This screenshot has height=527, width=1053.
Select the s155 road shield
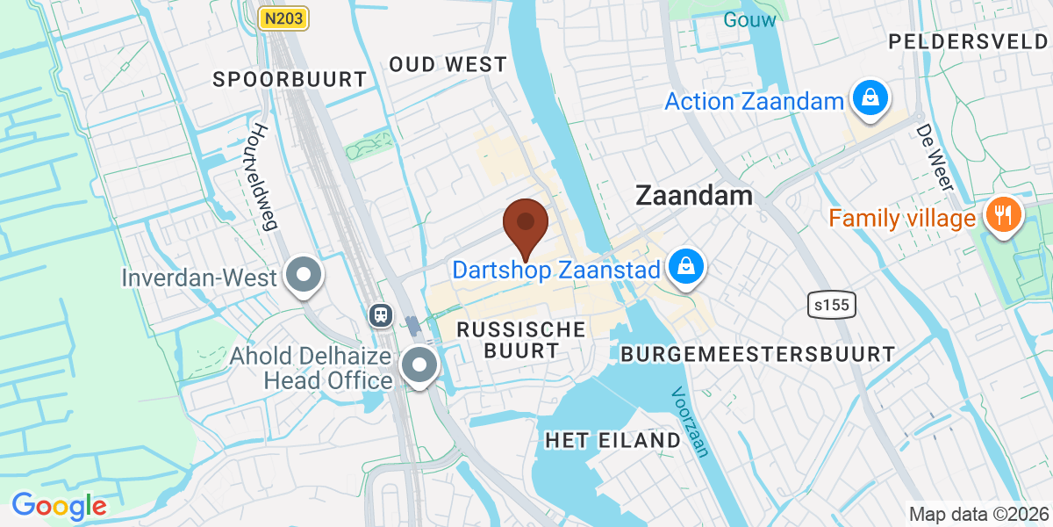pos(831,305)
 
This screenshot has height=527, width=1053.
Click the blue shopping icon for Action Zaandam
pos(869,98)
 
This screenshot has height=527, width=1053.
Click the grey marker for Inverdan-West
pos(304,276)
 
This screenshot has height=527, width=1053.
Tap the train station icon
pos(381,314)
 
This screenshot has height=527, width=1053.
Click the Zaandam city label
pos(694,195)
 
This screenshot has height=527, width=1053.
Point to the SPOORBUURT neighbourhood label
pos(290,79)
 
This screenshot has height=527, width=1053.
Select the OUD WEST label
pos(448,64)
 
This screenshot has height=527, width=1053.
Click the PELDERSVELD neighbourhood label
pos(969,41)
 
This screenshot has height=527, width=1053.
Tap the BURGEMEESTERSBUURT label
pos(758,354)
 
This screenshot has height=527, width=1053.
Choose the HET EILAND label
pos(612,440)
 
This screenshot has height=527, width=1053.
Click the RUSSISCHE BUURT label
pos(520,340)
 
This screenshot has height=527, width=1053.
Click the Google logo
pos(59,505)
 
